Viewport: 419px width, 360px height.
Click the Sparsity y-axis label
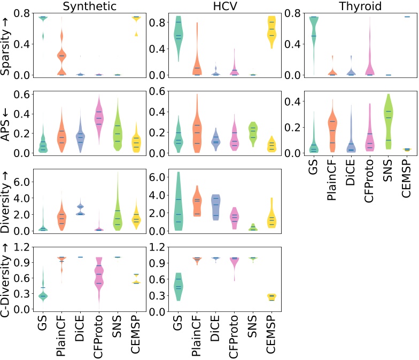[7, 49]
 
